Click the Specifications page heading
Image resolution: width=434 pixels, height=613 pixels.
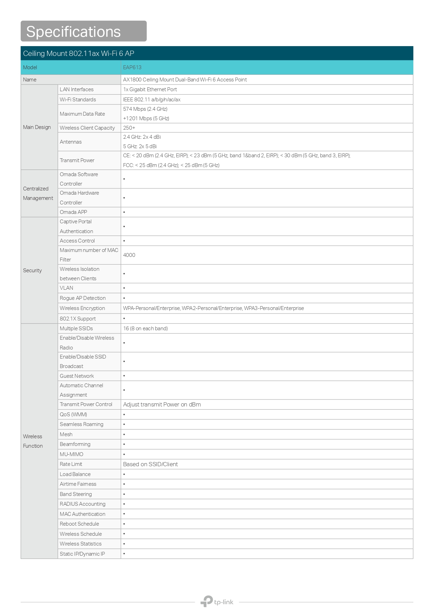tap(73, 31)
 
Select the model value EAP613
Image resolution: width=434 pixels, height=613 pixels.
tap(132, 67)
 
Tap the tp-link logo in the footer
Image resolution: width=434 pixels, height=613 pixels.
tap(217, 601)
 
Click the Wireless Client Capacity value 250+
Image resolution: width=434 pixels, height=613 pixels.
tap(129, 128)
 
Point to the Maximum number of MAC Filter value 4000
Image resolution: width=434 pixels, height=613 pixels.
tap(129, 255)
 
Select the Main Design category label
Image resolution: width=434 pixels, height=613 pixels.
tap(37, 127)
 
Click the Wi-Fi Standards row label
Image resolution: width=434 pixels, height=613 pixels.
tap(78, 100)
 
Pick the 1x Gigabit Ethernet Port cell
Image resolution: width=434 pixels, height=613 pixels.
tap(150, 89)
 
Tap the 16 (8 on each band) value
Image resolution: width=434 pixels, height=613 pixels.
tap(145, 329)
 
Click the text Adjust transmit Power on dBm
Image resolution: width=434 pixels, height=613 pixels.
tap(162, 404)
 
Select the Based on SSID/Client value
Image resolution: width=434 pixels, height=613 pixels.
tap(150, 464)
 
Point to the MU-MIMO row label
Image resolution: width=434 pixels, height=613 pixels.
tap(71, 454)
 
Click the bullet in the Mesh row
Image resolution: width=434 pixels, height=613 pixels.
tap(124, 434)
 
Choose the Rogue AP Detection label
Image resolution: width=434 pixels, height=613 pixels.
tap(83, 298)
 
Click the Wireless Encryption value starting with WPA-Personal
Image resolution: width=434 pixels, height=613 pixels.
tap(213, 308)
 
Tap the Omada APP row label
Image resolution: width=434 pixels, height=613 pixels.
tap(73, 212)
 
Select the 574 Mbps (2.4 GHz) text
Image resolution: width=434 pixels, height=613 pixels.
tap(145, 109)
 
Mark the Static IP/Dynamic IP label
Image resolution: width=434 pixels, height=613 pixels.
tap(82, 554)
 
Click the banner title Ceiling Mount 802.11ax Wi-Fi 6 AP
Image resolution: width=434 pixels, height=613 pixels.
tap(79, 53)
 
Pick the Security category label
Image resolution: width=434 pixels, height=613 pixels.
tap(32, 271)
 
